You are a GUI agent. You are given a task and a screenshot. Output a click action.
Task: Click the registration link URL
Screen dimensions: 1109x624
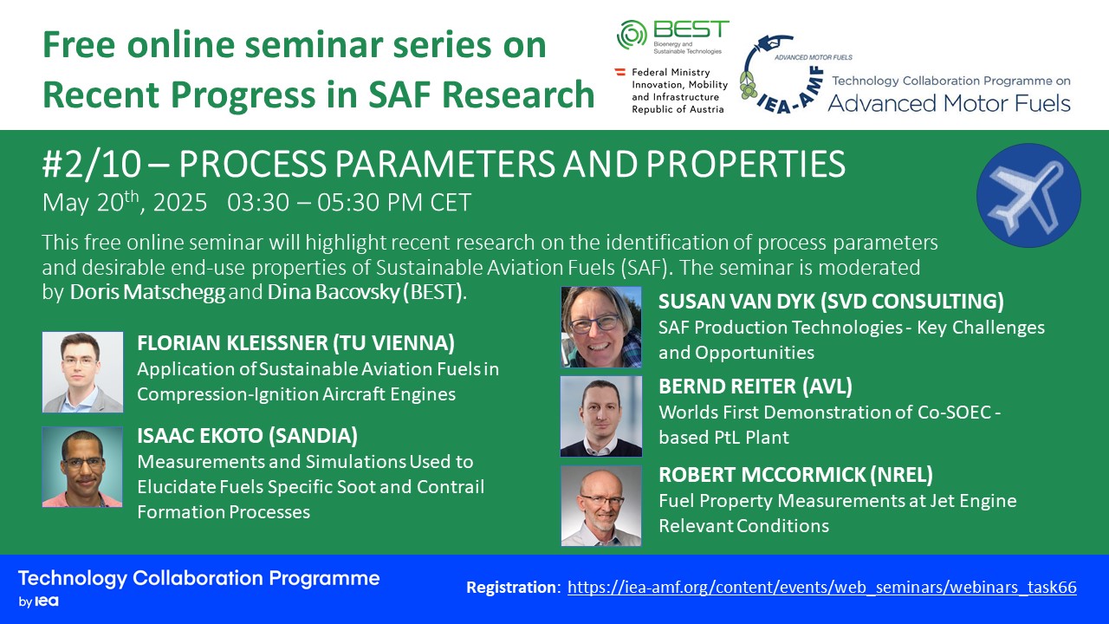822,588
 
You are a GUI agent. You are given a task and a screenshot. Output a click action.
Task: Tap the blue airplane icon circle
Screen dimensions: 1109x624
1028,195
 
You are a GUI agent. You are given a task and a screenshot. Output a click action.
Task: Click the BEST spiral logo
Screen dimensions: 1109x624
632,35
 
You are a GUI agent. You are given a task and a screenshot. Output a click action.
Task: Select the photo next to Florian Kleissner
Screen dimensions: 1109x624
82,372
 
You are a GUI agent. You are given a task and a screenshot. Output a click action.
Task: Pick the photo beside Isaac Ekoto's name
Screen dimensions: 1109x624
82,467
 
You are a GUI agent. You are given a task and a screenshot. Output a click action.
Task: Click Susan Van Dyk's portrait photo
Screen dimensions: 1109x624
601,327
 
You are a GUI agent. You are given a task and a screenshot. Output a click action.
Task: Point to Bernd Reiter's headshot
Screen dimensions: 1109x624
601,416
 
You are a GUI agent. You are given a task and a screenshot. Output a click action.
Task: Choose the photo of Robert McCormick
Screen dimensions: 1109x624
601,505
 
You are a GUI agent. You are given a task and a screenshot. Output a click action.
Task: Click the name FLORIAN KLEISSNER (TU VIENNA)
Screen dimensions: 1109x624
295,343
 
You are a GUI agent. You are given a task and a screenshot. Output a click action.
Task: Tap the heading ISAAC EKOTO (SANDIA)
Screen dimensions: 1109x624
247,436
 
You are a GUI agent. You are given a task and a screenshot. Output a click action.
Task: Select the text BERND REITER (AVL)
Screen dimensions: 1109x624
756,387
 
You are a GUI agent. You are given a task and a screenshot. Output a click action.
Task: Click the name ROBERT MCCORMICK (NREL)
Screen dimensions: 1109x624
795,475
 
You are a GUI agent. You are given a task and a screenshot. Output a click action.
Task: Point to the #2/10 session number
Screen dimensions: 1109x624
92,165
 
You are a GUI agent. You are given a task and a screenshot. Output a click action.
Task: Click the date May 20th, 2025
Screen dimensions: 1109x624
124,202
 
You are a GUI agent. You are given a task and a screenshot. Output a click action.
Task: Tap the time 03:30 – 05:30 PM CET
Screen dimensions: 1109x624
349,203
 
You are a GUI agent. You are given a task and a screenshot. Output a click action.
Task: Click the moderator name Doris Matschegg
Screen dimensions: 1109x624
147,292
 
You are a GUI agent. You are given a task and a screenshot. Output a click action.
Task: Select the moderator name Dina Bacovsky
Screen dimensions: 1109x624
334,292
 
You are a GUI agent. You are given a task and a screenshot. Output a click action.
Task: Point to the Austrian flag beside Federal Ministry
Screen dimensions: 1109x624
619,72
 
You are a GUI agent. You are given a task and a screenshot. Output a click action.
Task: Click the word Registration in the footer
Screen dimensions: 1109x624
511,588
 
